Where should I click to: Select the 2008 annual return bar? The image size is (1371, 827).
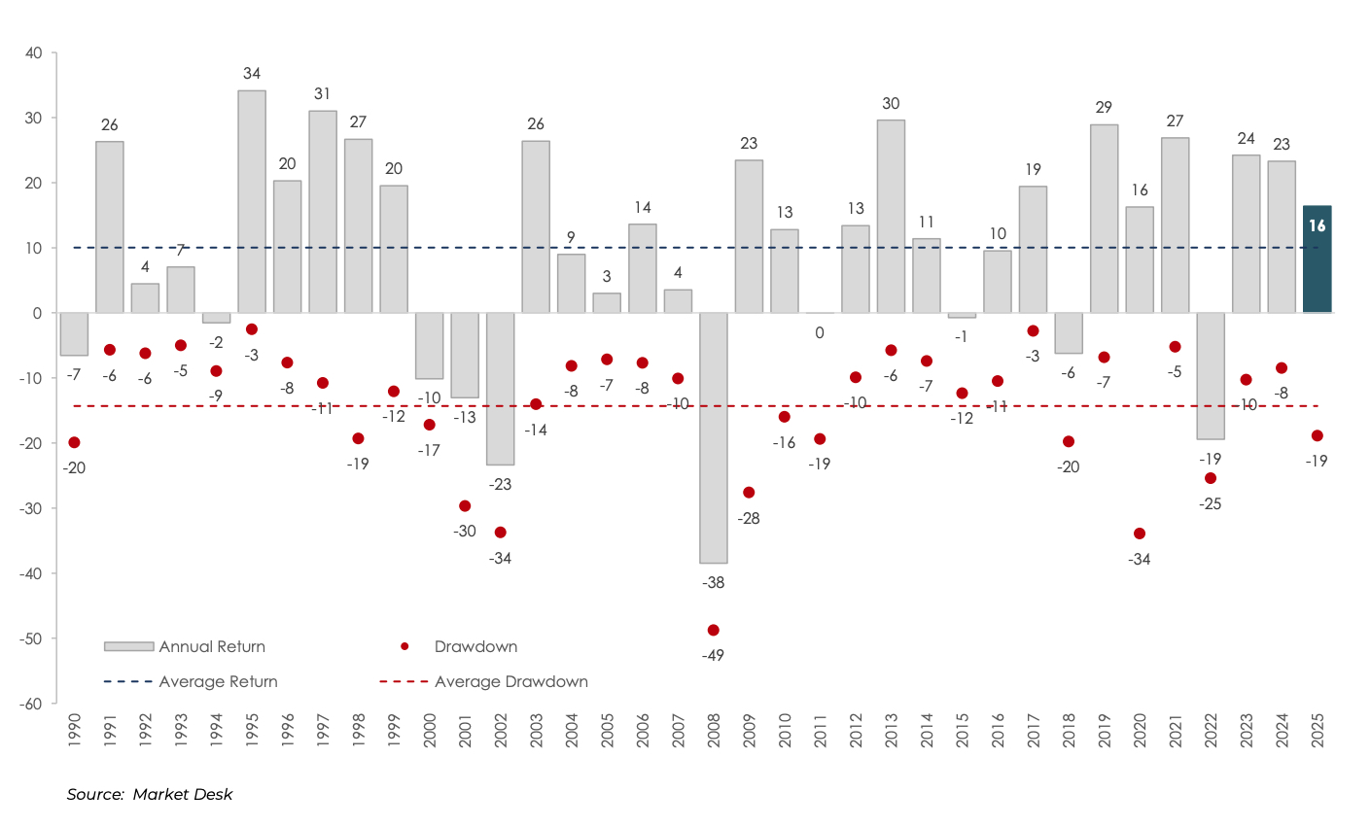coord(713,437)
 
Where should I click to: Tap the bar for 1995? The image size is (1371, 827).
coord(252,201)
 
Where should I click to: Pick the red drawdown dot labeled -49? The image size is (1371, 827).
coord(713,630)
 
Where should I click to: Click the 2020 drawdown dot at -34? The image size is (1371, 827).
coord(1139,534)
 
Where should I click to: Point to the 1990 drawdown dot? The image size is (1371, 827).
coord(74,442)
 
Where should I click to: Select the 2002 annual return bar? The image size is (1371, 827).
coord(500,389)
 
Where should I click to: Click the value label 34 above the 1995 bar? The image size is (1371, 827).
coord(252,74)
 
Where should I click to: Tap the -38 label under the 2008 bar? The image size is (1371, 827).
coord(713,583)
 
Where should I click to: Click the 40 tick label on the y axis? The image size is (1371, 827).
coord(33,52)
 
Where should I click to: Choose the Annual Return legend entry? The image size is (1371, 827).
coord(212,647)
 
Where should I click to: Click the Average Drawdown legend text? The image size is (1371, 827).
coord(510,682)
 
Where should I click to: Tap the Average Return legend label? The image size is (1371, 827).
coord(218,682)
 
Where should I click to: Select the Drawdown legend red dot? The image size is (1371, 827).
coord(404,647)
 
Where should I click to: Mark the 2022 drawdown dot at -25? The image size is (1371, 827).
coord(1210,478)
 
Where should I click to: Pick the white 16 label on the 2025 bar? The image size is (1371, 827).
coord(1317,226)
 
